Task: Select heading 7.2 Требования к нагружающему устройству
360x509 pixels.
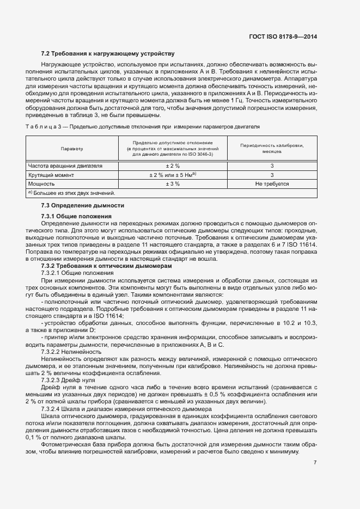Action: (108, 53)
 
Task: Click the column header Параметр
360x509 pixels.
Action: (72, 148)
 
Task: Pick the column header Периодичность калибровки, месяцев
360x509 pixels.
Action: (272, 148)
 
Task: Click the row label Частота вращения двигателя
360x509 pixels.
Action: (65, 165)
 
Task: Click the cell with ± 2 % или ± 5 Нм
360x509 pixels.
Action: (172, 175)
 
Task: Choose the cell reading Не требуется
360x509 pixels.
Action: (272, 184)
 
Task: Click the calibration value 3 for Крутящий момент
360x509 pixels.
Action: (272, 175)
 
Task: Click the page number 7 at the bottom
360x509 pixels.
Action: (315, 462)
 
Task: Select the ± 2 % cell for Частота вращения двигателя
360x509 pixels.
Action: (172, 165)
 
